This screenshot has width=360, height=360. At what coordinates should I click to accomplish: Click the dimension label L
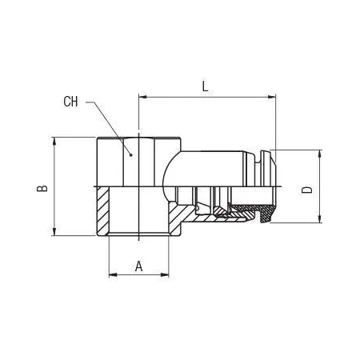pyautogui.click(x=205, y=86)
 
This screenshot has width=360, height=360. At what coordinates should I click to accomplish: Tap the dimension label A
pyautogui.click(x=138, y=266)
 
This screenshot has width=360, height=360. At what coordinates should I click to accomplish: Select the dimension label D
pyautogui.click(x=306, y=190)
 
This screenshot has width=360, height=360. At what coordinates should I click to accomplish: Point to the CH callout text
pyautogui.click(x=70, y=102)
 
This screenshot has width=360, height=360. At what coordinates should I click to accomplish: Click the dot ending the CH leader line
pyautogui.click(x=130, y=154)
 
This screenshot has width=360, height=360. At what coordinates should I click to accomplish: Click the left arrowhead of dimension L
pyautogui.click(x=143, y=97)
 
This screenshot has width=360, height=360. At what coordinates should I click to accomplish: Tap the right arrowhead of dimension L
pyautogui.click(x=271, y=97)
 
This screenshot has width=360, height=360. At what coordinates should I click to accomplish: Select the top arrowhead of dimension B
pyautogui.click(x=54, y=142)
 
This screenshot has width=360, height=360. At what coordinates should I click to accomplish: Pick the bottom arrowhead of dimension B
pyautogui.click(x=54, y=231)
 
